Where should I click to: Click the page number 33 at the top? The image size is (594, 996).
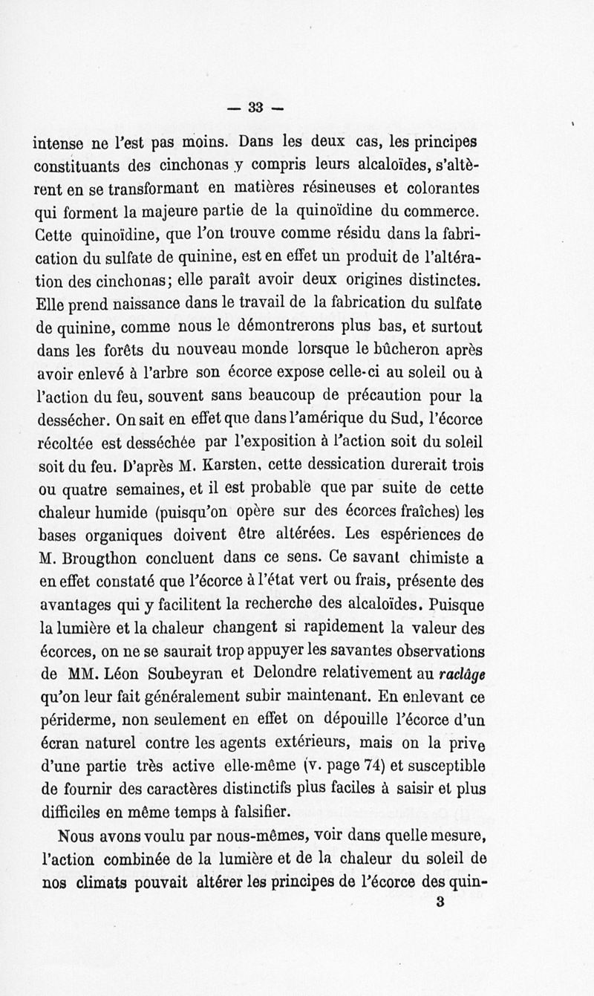[x=257, y=107]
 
